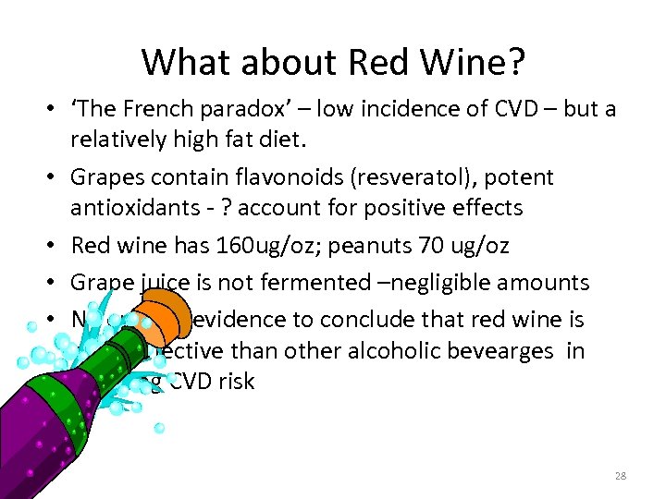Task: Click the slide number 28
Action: click(x=620, y=476)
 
